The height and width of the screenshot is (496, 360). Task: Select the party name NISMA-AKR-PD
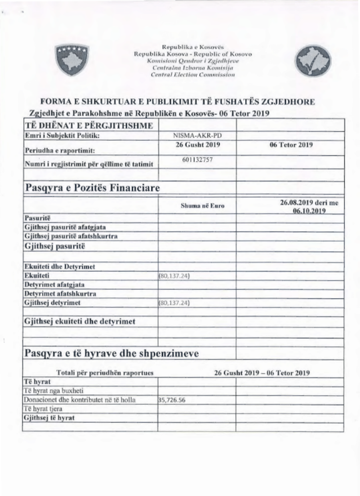(197, 135)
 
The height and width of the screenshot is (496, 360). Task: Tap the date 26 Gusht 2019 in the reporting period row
(198, 144)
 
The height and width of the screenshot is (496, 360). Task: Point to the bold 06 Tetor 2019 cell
(291, 144)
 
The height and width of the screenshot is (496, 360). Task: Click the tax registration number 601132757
(197, 160)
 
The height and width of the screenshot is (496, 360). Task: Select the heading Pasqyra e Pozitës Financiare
(92, 188)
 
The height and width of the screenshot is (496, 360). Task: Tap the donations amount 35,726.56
(172, 400)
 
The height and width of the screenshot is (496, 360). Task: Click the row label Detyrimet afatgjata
(54, 285)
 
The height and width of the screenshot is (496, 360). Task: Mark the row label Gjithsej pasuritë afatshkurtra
(71, 236)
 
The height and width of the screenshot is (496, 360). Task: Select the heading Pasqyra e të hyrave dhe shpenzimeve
(111, 353)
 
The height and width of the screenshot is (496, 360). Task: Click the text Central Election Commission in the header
(193, 75)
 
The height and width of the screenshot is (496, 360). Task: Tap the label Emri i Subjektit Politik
(62, 136)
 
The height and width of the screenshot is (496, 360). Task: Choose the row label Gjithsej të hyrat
(49, 418)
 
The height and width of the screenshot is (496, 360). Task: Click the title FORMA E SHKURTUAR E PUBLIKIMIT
(177, 102)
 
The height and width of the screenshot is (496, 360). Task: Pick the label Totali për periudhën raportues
(105, 373)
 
